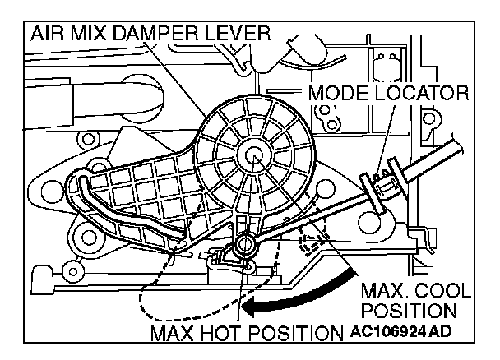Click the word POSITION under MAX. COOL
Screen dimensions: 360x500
coord(409,312)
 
